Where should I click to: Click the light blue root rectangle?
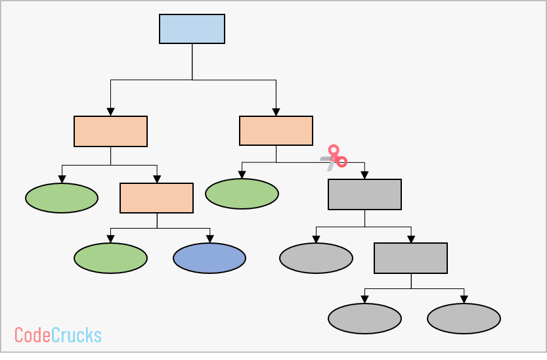tap(192, 29)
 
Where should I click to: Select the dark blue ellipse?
tap(209, 258)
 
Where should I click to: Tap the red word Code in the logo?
tap(32, 335)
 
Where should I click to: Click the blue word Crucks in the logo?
tap(76, 335)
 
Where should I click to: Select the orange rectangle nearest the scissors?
tap(276, 131)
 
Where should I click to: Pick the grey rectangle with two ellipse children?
tap(410, 258)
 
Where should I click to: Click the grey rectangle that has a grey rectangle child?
tap(364, 194)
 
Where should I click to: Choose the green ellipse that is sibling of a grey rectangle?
tap(242, 194)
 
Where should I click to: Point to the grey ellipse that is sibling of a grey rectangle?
tap(316, 258)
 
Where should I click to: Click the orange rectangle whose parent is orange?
tap(156, 198)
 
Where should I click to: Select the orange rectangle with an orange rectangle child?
tap(110, 131)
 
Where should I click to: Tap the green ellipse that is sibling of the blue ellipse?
tap(110, 258)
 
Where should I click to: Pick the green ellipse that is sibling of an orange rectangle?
tap(62, 198)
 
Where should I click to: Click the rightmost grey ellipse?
tap(464, 319)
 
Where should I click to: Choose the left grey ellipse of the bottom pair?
tap(364, 319)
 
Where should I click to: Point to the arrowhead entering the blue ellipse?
tap(209, 239)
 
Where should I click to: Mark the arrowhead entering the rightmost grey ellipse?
tap(464, 300)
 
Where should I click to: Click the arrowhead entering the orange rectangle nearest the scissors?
tap(276, 112)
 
